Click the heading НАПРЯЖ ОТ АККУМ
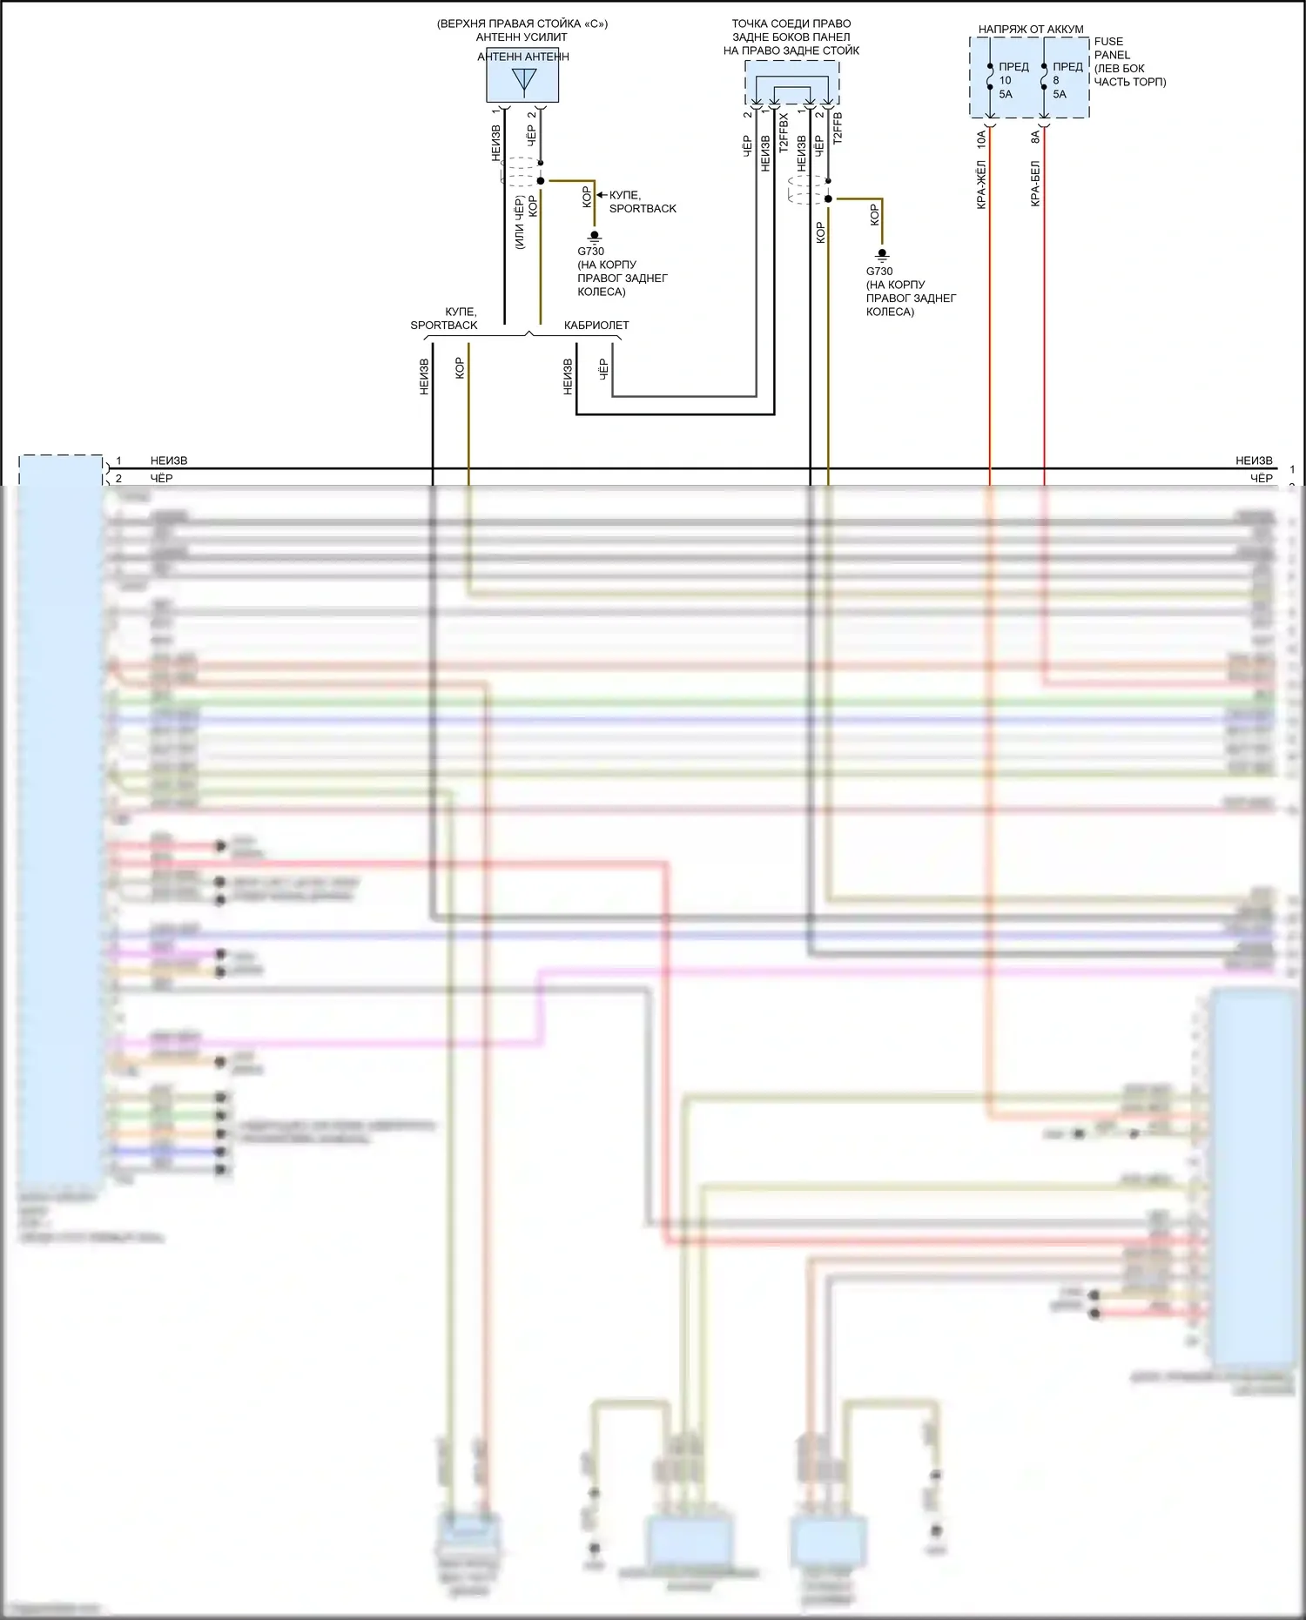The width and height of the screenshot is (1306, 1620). [x=1031, y=30]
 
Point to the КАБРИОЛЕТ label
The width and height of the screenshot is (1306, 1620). [x=596, y=326]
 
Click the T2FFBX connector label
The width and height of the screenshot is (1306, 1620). [x=784, y=132]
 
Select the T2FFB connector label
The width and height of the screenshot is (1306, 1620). [x=838, y=127]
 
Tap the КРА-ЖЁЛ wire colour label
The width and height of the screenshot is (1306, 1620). [x=981, y=185]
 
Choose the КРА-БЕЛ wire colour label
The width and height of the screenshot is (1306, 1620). [x=1035, y=184]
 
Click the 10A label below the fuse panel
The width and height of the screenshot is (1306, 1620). [x=981, y=137]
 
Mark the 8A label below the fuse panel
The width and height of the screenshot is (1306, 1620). [x=1035, y=137]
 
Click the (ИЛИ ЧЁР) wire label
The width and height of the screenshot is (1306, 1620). [x=520, y=223]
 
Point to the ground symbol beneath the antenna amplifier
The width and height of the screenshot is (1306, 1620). [x=595, y=236]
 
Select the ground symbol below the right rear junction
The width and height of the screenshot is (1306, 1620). [x=881, y=255]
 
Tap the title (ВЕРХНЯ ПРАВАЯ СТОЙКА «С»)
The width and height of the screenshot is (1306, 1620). [x=522, y=24]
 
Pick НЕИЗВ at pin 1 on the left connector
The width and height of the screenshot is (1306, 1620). [x=169, y=460]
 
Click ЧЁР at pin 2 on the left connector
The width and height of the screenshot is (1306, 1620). [x=162, y=478]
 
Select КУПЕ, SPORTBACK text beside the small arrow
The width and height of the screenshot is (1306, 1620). [x=643, y=202]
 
